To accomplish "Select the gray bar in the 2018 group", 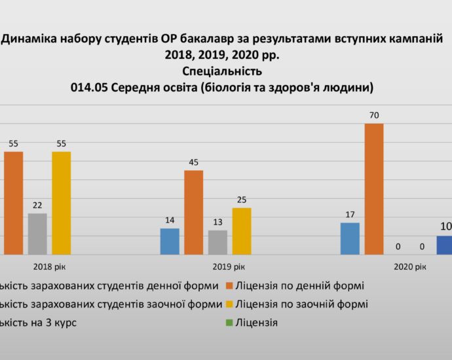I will point(37,234).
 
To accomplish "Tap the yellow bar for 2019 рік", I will point(241,231).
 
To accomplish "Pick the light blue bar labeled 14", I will point(170,241).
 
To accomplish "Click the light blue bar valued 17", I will point(350,238).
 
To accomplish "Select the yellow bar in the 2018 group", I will point(62,203).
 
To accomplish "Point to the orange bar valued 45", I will point(193,212).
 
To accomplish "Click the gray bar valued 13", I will point(217,242).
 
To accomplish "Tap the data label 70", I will point(374,116).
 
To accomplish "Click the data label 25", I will point(241,200).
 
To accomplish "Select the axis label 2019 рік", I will point(229,267).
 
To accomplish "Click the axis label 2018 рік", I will point(50,267).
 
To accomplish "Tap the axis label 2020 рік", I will point(410,267).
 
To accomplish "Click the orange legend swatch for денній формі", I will point(229,286).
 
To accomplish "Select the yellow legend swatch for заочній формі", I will point(229,304).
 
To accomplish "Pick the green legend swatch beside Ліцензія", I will point(229,323).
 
